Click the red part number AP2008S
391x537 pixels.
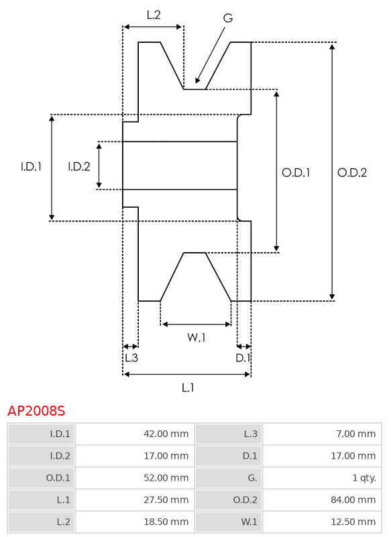click(x=36, y=410)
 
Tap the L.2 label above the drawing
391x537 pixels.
click(x=154, y=15)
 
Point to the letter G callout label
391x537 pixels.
click(x=228, y=18)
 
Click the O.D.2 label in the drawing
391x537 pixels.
click(x=352, y=172)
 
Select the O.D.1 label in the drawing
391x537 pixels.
click(x=296, y=172)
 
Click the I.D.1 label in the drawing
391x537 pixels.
click(x=31, y=166)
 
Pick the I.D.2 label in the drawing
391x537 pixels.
click(x=79, y=166)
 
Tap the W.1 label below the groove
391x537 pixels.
click(x=197, y=338)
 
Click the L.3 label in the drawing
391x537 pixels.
click(x=131, y=358)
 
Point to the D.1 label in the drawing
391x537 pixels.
click(x=243, y=358)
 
